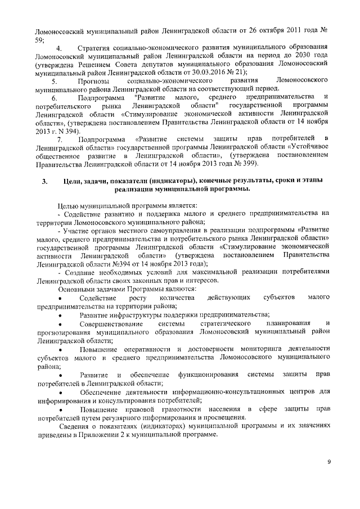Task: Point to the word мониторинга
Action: coord(254,348)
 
